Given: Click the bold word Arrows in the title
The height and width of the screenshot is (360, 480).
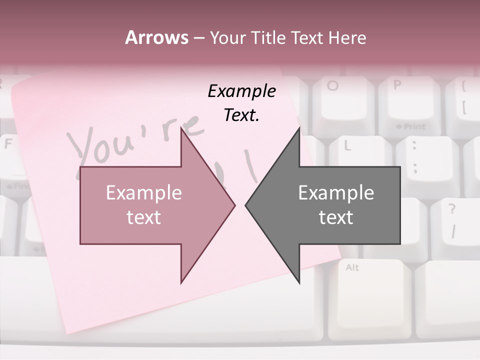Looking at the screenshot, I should point(156,37).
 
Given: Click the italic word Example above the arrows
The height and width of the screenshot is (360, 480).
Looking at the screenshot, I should point(241,91).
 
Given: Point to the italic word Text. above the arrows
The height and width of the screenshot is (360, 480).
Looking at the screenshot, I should point(241,115).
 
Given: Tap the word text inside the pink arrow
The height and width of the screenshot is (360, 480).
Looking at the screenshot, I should point(143,217).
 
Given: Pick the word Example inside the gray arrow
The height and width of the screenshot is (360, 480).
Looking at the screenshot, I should point(336,193).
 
